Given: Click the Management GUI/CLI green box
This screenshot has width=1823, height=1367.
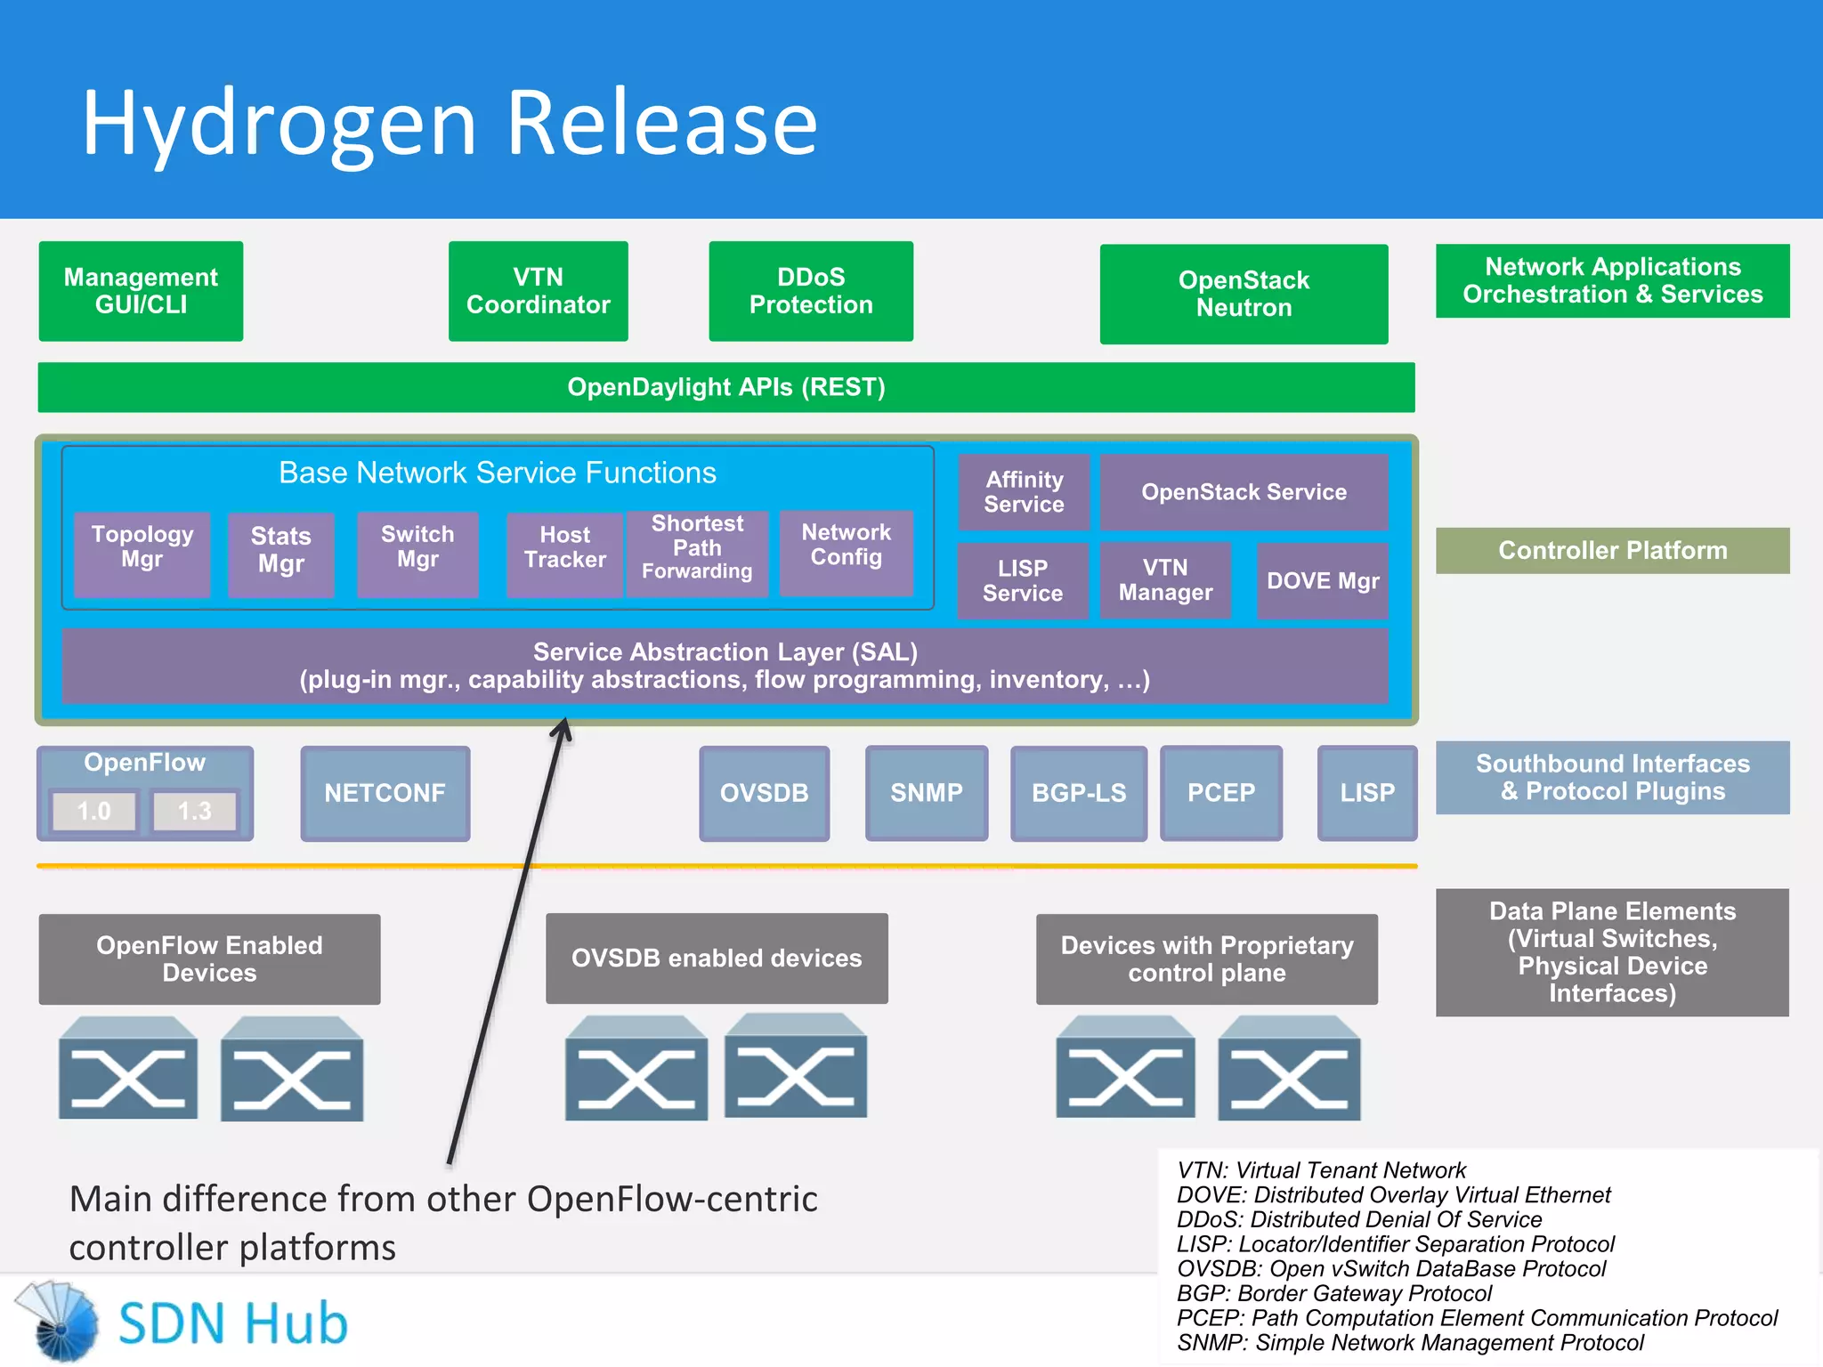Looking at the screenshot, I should (x=141, y=291).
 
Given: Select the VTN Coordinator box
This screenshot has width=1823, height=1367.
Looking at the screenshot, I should (x=538, y=291).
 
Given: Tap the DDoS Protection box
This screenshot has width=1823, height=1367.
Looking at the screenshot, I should (x=810, y=291).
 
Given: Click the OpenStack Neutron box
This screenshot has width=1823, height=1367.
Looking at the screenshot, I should (x=1243, y=294).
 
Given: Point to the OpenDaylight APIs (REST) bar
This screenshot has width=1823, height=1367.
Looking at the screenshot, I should (x=725, y=387).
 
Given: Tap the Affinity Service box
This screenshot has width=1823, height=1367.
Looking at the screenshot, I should (x=1024, y=492).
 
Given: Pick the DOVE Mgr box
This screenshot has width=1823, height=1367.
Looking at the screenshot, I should (x=1322, y=581).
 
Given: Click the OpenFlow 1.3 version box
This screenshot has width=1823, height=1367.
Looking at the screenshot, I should (x=195, y=811).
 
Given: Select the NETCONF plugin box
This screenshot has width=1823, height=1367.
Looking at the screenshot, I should (x=385, y=793).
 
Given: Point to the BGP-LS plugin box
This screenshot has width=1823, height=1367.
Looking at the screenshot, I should (x=1078, y=793).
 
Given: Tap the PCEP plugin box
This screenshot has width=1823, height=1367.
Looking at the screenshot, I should (x=1220, y=793).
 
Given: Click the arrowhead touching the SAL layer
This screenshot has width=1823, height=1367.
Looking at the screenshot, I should (x=563, y=728).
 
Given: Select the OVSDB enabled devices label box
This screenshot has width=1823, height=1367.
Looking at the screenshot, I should (x=716, y=958).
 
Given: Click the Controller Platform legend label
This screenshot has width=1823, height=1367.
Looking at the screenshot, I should (x=1611, y=550).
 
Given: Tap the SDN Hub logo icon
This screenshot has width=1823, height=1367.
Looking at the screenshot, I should (x=58, y=1322).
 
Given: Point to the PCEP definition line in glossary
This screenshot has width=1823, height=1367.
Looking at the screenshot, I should (x=1476, y=1318).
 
